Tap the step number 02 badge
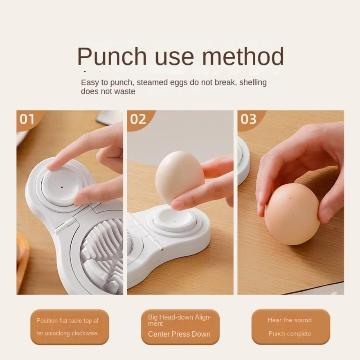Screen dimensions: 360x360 pyautogui.click(x=138, y=119)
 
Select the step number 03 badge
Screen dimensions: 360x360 pyautogui.click(x=248, y=119)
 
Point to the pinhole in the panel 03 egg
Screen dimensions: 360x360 pyautogui.click(x=289, y=199)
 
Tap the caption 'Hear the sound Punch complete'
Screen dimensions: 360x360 pyautogui.click(x=290, y=327)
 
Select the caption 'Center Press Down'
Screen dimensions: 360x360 pyautogui.click(x=179, y=334)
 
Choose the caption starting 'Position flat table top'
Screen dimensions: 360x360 pyautogui.click(x=68, y=327)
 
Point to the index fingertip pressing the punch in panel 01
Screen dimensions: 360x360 pyautogui.click(x=53, y=165)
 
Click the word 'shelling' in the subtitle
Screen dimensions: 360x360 pyautogui.click(x=253, y=82)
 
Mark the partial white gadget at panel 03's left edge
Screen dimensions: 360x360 pyautogui.click(x=243, y=160)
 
